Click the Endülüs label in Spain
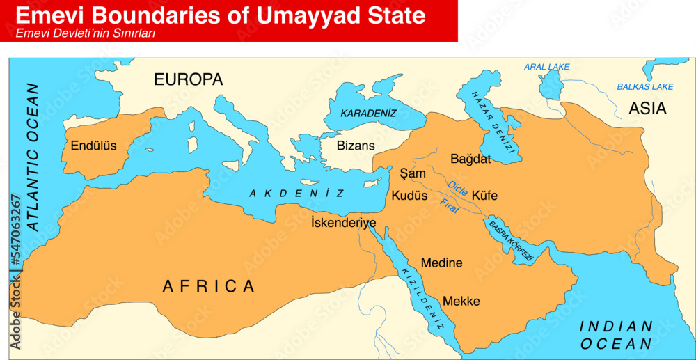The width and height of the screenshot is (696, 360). tap(94, 146)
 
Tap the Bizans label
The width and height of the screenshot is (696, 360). tap(356, 146)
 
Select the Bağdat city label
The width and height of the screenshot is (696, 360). tap(470, 159)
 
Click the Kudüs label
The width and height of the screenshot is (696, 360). tap(409, 196)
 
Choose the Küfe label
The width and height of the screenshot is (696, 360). tap(484, 196)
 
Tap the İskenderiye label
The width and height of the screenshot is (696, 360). tap(343, 223)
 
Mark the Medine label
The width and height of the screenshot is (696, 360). tap(442, 263)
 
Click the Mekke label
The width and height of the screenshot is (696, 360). tap(461, 301)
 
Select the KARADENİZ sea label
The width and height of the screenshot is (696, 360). tap(368, 113)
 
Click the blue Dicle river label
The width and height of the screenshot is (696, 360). tap(457, 187)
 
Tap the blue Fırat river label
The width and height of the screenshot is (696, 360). tap(450, 205)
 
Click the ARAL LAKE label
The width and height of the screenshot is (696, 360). tap(546, 67)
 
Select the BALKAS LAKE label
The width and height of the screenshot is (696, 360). tap(645, 87)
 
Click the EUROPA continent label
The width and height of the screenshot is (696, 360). tap(188, 80)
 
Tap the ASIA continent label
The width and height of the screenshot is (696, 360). tap(647, 109)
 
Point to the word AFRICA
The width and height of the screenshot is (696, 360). tap(209, 285)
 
